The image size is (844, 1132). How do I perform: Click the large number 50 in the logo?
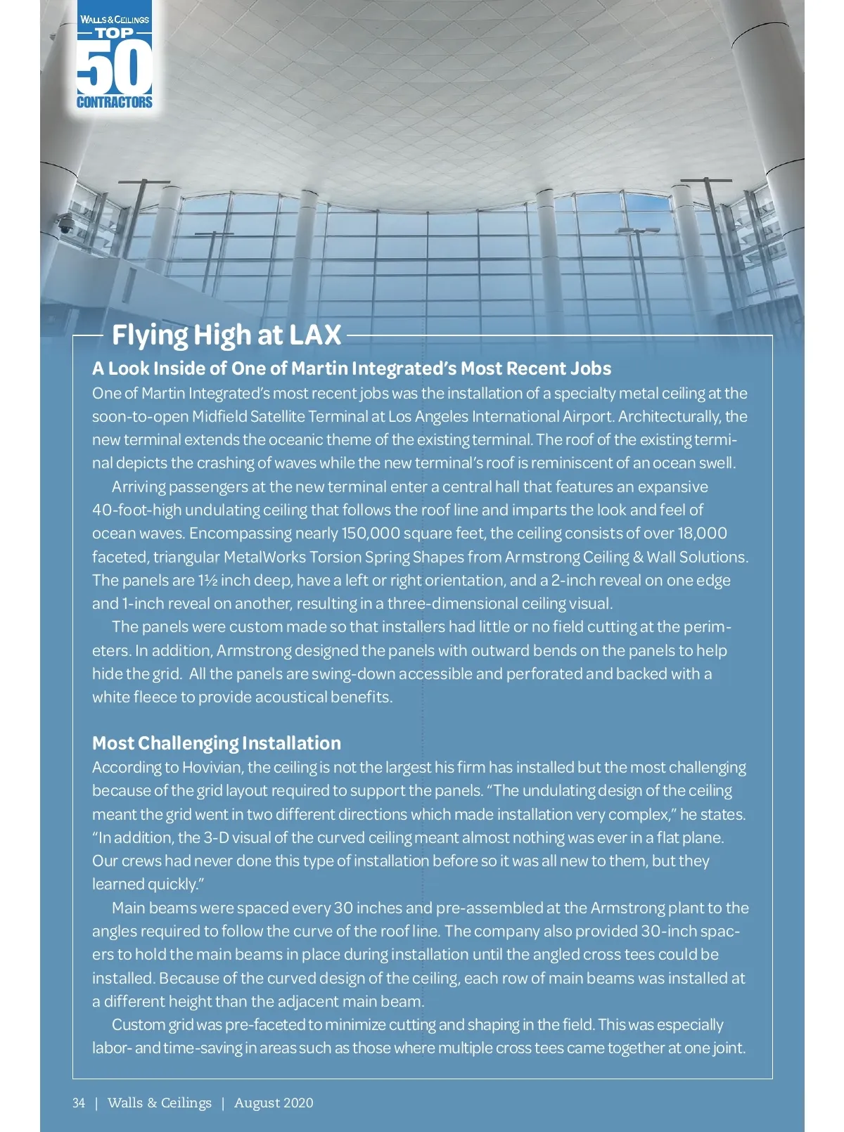(114, 67)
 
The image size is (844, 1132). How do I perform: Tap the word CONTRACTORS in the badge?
(114, 103)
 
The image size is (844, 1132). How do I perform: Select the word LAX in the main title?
(313, 335)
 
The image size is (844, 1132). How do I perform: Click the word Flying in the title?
(150, 335)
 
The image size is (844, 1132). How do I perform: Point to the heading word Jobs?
(591, 368)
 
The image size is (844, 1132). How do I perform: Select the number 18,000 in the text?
(702, 533)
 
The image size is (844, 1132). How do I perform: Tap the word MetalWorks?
(264, 557)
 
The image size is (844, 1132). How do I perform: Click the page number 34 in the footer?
(79, 1102)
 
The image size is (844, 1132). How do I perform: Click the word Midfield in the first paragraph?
(219, 416)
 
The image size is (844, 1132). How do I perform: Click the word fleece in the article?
(155, 697)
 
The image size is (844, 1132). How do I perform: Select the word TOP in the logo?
(114, 33)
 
